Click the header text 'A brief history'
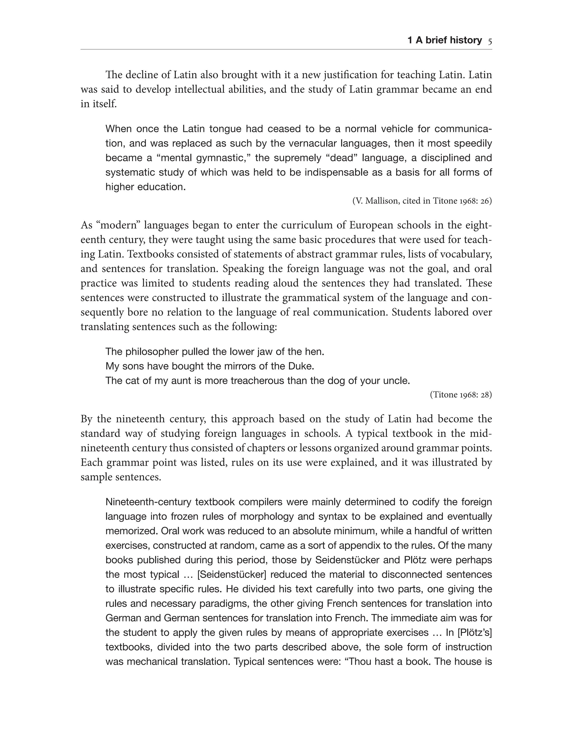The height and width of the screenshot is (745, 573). click(448, 41)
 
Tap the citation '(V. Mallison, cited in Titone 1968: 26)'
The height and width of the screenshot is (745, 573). click(422, 201)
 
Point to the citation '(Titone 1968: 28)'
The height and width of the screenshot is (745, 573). click(461, 395)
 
